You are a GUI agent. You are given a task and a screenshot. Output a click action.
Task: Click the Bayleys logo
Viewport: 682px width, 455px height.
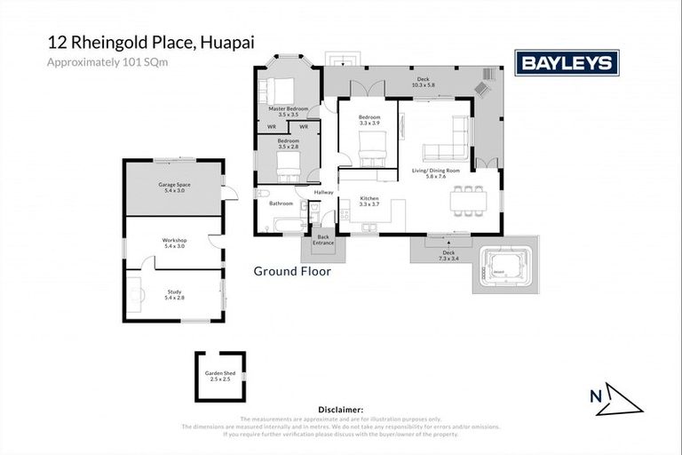tap(567, 63)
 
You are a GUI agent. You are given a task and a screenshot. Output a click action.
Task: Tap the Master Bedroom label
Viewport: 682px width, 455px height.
tap(288, 111)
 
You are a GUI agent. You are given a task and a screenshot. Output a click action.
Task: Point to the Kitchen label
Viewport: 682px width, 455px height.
tap(369, 201)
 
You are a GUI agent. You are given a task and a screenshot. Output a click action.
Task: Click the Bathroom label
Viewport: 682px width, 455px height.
tap(281, 204)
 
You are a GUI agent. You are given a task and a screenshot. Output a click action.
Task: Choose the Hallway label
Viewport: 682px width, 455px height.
tap(323, 192)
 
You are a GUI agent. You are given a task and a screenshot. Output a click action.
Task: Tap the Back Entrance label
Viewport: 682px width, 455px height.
tap(323, 240)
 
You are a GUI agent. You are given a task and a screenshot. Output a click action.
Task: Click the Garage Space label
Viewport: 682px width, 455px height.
tap(174, 188)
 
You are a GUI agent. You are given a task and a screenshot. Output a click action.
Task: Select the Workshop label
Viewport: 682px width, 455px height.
tap(173, 243)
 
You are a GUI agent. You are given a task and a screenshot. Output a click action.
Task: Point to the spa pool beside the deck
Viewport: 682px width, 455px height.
tap(504, 267)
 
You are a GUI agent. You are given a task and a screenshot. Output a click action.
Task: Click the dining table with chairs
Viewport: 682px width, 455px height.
tap(468, 201)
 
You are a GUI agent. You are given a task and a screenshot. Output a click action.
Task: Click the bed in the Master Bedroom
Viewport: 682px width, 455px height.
tap(281, 91)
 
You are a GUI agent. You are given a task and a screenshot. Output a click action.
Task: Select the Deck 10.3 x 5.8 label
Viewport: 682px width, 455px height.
tap(424, 82)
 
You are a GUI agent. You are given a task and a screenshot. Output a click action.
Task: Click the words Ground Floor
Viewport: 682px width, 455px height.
tap(292, 272)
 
